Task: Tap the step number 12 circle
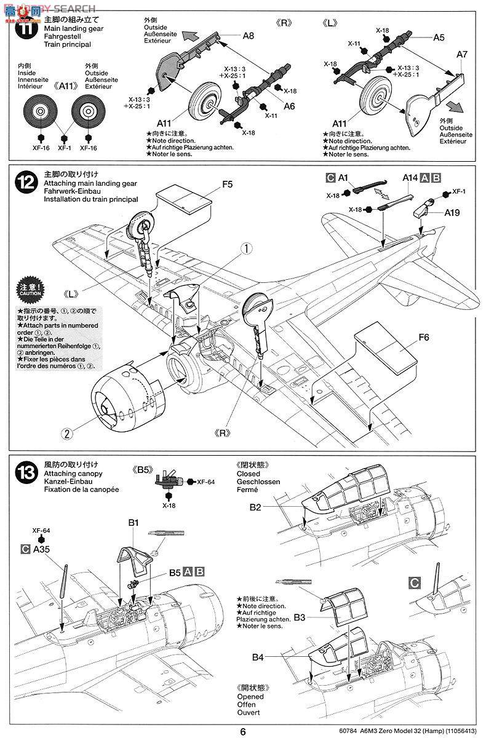[25, 182]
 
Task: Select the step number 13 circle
[25, 473]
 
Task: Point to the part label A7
[463, 55]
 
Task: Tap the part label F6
[423, 337]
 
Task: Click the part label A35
[42, 549]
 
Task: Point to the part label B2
[256, 507]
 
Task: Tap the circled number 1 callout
[246, 249]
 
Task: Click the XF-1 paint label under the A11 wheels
[65, 148]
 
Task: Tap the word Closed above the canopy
[247, 474]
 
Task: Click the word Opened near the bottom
[249, 697]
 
